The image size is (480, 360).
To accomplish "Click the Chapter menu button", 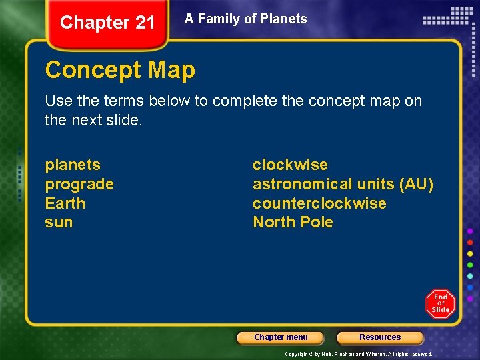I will click(281, 337).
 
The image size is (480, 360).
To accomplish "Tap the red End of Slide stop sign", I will click(440, 304).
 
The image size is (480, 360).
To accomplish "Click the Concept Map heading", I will click(120, 70).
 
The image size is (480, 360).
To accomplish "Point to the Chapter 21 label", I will click(107, 23).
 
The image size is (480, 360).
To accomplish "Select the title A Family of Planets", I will click(246, 19).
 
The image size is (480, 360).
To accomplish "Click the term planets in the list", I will click(73, 165).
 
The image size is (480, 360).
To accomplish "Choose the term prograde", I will click(79, 184).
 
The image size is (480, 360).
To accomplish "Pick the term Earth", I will click(65, 203).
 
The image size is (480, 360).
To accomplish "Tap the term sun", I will click(59, 222).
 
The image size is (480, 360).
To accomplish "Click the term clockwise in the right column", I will click(290, 165).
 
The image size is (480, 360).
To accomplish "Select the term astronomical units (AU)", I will click(343, 184).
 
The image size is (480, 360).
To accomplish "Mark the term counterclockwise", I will click(319, 203).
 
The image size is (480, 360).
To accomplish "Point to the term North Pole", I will click(293, 222).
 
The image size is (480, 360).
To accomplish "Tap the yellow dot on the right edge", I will click(470, 253).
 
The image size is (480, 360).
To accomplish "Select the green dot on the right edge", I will click(470, 265).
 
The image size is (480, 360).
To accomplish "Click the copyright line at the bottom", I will click(359, 354).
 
